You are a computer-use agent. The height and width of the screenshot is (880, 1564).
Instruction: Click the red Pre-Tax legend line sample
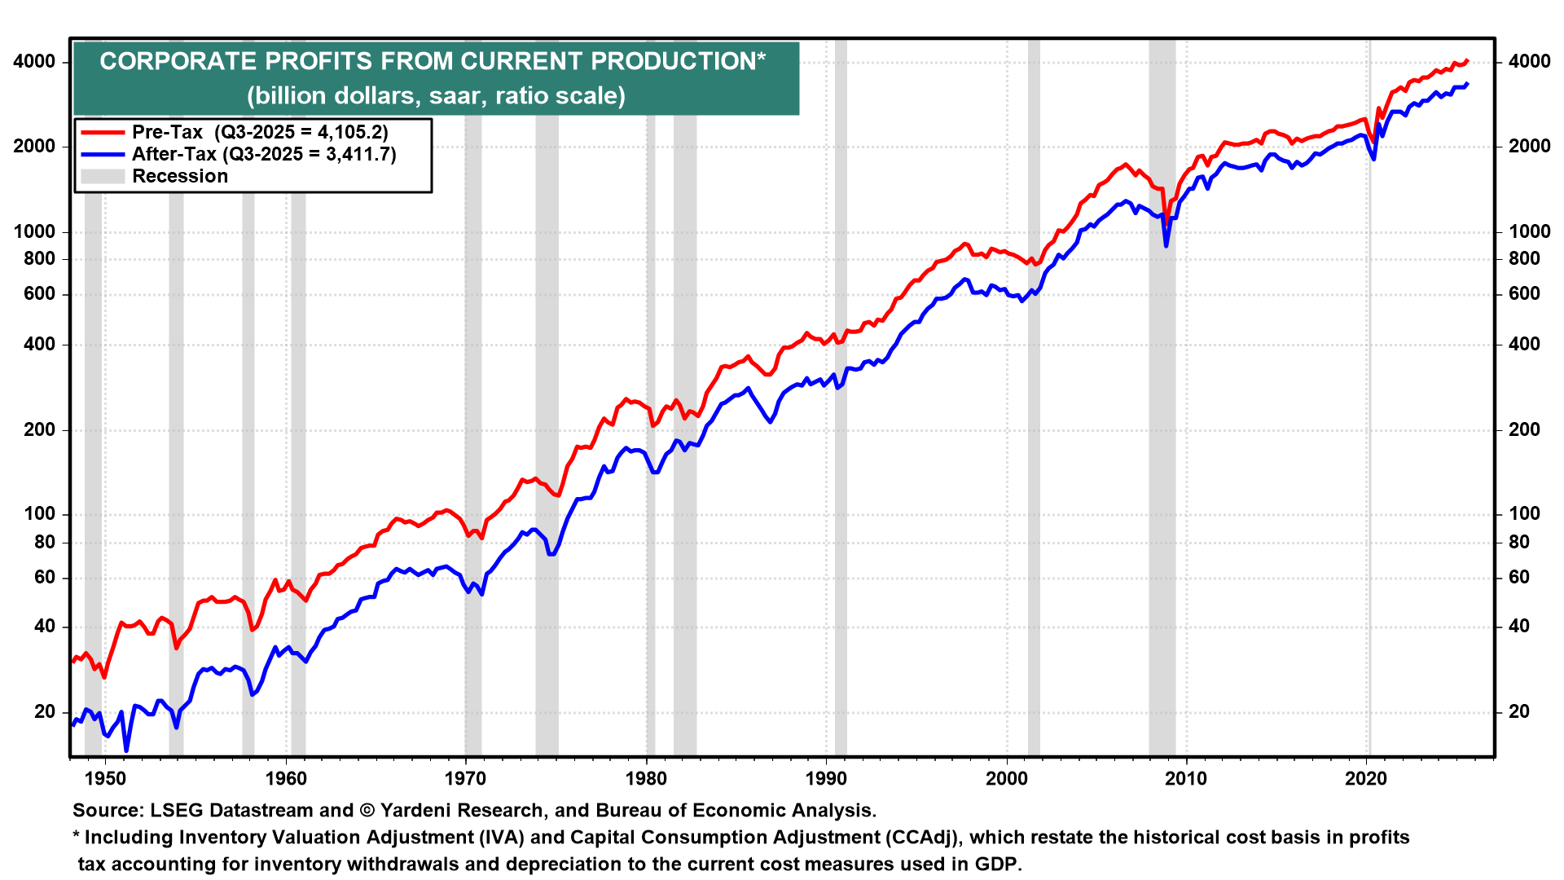102,132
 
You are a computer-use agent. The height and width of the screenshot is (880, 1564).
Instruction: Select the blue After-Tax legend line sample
102,154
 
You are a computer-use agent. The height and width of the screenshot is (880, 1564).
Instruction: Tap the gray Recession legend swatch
102,176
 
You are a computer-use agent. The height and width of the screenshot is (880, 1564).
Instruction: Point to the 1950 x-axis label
105,778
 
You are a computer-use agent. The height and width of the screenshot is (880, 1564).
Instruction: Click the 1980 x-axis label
646,778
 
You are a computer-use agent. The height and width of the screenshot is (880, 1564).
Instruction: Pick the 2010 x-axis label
1186,778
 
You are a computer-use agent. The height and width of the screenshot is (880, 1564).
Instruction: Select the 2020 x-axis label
1366,778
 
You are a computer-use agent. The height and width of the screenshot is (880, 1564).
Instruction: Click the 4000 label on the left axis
35,62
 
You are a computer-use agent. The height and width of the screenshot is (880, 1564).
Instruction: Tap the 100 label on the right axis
1524,513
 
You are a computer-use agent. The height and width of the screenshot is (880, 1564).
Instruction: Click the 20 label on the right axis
1519,711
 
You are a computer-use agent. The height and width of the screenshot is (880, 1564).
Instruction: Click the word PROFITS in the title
319,62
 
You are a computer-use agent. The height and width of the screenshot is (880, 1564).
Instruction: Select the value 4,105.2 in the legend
350,132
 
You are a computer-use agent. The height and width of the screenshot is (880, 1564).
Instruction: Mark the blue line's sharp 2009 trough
1166,245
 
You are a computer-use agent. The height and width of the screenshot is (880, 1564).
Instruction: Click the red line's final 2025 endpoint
1467,60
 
